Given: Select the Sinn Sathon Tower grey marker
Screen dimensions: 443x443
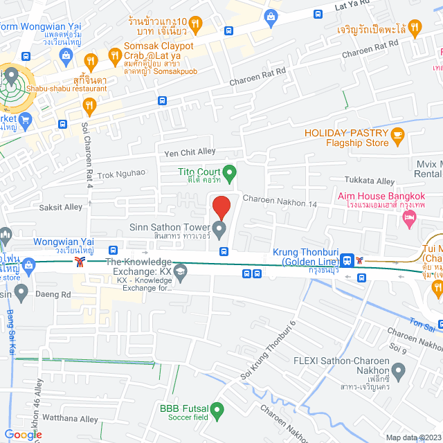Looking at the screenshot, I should [220, 228].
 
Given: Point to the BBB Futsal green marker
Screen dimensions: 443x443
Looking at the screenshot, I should [219, 412].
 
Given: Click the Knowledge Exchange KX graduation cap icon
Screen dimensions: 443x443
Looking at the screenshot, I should [181, 270].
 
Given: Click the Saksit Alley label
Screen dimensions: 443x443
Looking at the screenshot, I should [60, 207].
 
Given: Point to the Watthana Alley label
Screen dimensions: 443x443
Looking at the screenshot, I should [69, 419].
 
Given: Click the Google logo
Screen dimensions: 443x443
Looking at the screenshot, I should [22, 434].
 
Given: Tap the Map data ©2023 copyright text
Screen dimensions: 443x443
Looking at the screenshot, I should [413, 437].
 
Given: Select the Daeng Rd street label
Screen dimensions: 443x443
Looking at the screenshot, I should [56, 294].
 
